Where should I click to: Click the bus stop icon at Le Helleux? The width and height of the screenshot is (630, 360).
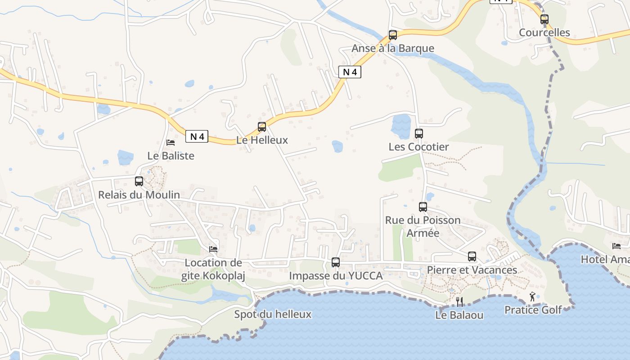coord(262,127)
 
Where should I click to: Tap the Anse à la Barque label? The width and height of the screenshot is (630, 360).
coord(393,48)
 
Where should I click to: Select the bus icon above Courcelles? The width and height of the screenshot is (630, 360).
coord(544,19)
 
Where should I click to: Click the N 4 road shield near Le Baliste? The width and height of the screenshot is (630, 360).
coord(197,136)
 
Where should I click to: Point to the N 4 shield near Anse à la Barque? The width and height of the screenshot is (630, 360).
coord(350,72)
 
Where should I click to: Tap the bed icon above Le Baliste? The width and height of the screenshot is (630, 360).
coord(171,143)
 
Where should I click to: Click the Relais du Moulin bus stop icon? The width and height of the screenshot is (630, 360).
coord(139,181)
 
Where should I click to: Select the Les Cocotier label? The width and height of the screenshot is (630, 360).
coord(418,147)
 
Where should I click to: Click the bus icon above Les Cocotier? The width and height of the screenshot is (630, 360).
coord(419,134)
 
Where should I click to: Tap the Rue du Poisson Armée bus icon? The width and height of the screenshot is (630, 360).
coord(423,207)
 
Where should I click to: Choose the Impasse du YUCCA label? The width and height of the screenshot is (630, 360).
coord(336,275)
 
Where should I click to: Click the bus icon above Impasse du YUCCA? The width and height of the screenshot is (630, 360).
coord(336,262)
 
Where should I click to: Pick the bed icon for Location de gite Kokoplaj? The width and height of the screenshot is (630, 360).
coord(213,249)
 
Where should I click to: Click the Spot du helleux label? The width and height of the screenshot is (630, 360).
coord(273,314)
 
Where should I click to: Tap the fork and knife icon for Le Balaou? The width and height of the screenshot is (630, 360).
coord(459,301)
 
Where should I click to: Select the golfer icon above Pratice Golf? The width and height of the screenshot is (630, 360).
coord(533,297)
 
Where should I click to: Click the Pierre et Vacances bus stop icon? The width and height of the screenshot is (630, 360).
coord(472,256)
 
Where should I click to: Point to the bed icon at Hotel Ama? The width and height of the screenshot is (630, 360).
coord(616,246)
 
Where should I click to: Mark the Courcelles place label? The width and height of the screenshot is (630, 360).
coord(544,32)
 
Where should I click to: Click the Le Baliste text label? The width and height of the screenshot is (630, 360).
coord(171,156)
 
